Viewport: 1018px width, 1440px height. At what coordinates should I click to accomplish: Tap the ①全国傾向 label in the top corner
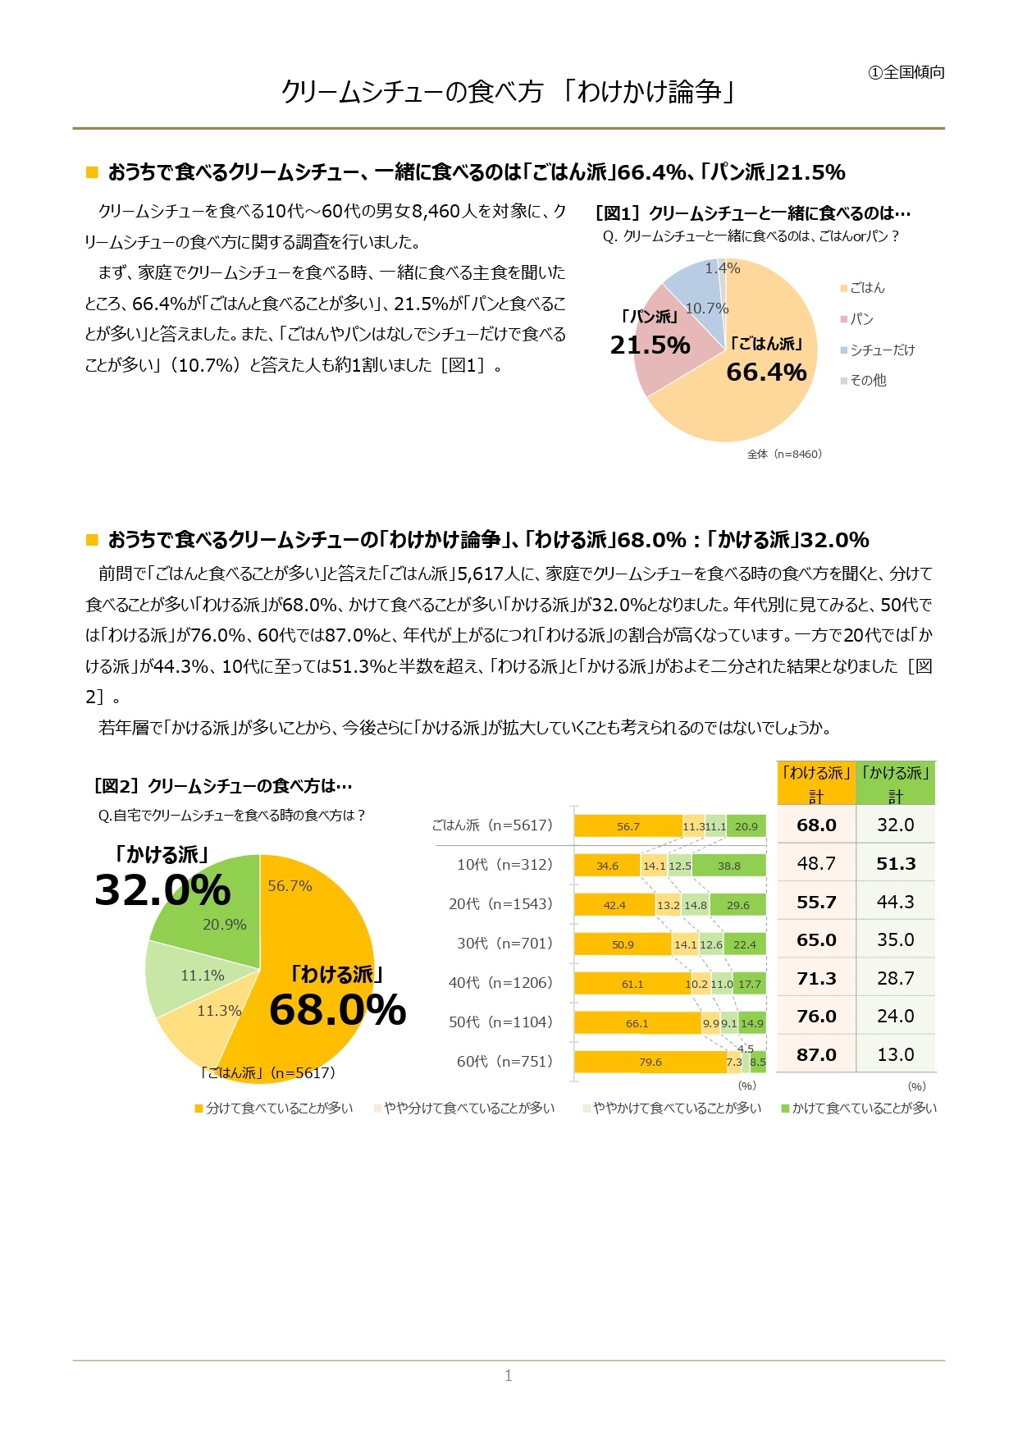click(906, 73)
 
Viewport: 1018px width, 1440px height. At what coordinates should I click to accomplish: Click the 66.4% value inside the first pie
click(766, 373)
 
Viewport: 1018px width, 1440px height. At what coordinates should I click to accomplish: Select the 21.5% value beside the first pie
click(650, 345)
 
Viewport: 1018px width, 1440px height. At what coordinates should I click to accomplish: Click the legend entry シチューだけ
click(882, 350)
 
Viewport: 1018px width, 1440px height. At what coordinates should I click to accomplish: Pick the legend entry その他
click(868, 381)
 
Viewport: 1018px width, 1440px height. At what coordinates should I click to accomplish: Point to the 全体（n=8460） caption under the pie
click(784, 454)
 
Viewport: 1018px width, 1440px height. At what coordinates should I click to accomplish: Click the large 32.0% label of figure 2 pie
click(162, 890)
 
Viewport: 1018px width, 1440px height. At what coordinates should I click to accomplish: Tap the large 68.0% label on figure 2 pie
click(337, 1009)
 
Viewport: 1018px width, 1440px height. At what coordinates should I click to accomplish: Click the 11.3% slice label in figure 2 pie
click(219, 1011)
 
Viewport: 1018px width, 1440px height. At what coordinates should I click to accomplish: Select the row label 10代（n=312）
click(504, 865)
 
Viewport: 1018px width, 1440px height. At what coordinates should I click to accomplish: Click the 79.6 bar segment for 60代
click(650, 1063)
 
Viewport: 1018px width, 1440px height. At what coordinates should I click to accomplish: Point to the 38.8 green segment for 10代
click(728, 866)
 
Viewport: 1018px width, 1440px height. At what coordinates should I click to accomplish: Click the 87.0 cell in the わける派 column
click(816, 1055)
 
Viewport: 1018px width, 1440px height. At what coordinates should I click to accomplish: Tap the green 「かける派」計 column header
click(895, 784)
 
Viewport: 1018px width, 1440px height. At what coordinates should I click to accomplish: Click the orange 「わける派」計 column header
click(816, 784)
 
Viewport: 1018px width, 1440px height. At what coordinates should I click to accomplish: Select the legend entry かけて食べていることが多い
click(864, 1109)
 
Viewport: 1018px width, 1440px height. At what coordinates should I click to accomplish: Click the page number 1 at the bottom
click(509, 1376)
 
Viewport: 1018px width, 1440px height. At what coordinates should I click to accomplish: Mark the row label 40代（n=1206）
click(500, 983)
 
